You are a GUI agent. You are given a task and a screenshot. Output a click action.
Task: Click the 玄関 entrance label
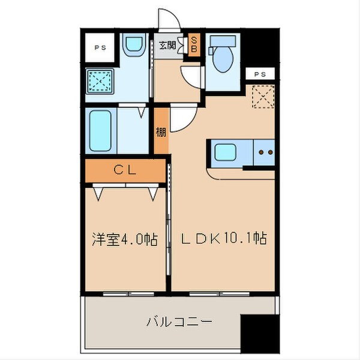coord(168,45)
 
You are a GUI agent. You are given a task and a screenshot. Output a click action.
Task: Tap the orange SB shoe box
coord(194,44)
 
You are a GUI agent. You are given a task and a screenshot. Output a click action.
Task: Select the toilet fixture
coord(223,54)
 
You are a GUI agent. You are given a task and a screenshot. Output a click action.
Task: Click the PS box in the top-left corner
coord(97,47)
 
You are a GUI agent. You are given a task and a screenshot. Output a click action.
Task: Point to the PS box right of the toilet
coord(259,74)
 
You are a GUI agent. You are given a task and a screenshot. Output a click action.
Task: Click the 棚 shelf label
coord(161,132)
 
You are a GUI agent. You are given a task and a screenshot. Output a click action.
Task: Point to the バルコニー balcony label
coord(179,322)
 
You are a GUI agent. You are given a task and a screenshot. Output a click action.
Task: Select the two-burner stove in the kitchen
coord(264,152)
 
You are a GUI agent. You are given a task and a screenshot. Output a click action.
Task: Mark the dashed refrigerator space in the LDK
coord(262,95)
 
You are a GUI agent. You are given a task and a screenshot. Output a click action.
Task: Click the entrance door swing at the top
coord(170,20)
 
